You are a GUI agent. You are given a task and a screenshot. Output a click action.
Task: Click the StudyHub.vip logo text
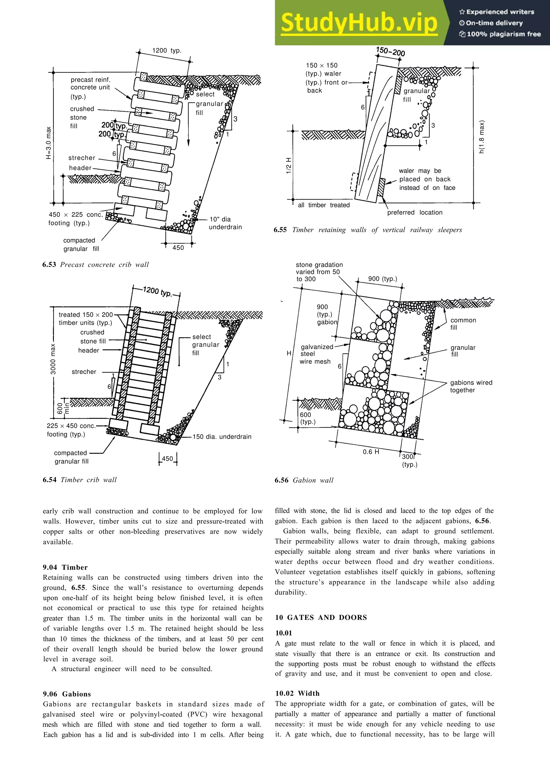coord(359,23)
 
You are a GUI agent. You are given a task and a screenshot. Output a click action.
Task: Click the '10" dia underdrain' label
coord(225,223)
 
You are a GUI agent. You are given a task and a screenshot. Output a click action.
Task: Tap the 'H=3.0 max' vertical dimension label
coord(49,143)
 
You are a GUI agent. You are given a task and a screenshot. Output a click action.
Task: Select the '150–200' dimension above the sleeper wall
coord(390,52)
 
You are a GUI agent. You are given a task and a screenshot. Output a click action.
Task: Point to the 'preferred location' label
coord(415,212)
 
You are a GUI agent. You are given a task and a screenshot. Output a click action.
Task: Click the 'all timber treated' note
coord(324,205)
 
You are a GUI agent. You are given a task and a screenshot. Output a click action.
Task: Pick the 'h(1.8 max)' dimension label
coord(482,137)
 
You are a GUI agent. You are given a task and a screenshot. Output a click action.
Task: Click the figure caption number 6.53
coord(49,265)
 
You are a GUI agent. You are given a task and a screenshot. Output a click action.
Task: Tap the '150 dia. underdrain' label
coord(222,437)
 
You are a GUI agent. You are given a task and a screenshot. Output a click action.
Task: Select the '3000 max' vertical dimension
coord(53,359)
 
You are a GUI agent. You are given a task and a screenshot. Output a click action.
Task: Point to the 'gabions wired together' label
coord(471,386)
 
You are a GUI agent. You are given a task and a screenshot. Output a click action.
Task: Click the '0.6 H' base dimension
coord(371,452)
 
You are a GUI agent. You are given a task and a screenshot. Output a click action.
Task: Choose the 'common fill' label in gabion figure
coord(463,323)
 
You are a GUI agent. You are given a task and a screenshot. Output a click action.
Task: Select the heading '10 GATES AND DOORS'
coord(321,617)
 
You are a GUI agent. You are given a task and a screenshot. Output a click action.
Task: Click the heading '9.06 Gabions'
coord(67,694)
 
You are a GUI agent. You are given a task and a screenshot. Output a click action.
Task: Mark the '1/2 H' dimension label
coord(289,166)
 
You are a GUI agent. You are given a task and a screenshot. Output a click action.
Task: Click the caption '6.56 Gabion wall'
coord(304,480)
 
